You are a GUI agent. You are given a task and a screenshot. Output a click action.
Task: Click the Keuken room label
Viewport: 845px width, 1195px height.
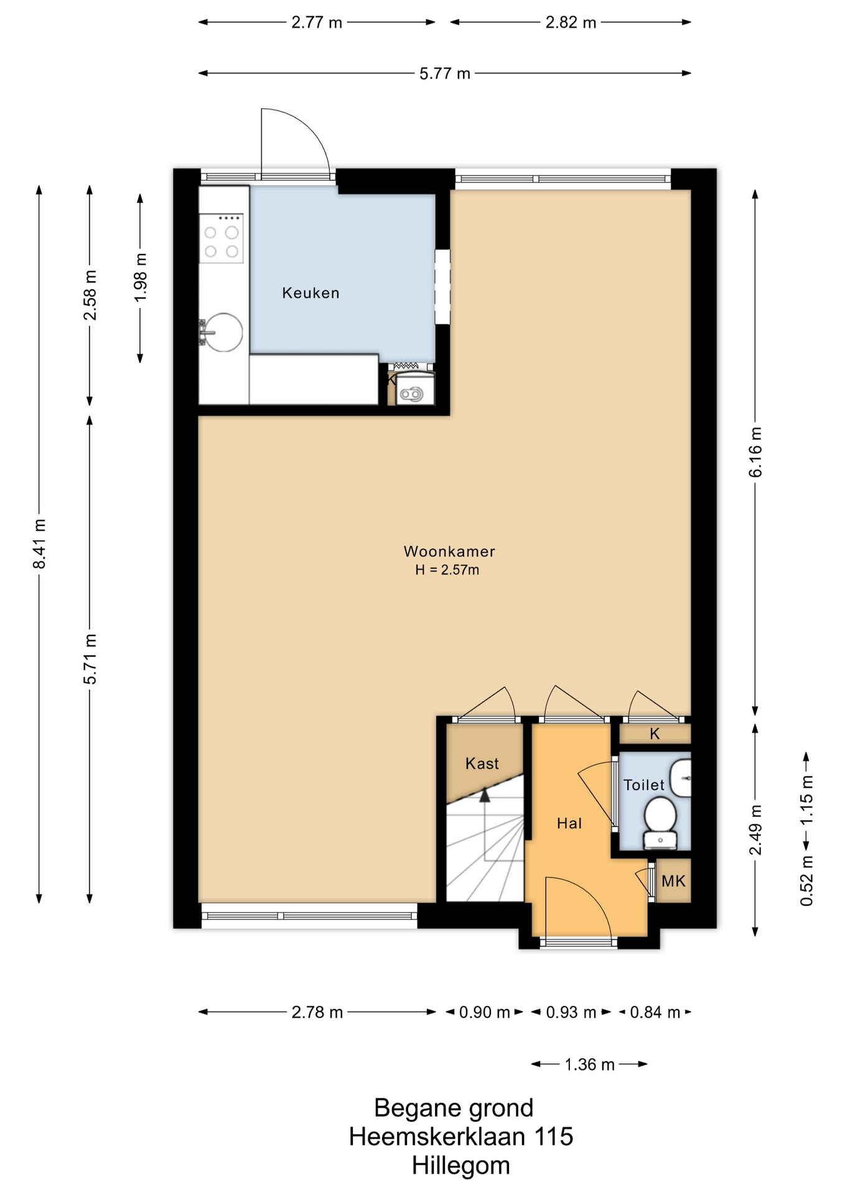click(x=310, y=293)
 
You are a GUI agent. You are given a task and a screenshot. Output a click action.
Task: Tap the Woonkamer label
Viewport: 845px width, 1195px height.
click(x=449, y=551)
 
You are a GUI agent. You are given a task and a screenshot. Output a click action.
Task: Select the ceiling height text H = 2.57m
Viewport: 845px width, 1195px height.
click(x=447, y=569)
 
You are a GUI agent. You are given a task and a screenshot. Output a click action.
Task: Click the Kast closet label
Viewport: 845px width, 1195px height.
click(x=482, y=763)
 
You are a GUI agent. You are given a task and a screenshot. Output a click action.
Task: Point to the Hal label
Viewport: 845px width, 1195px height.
click(x=569, y=823)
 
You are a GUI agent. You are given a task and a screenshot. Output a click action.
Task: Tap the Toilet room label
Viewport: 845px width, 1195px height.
click(x=644, y=785)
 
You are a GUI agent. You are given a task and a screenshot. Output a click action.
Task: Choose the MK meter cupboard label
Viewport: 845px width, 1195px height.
click(x=673, y=881)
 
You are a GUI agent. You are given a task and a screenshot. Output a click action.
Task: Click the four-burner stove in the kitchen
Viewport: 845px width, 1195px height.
click(x=222, y=238)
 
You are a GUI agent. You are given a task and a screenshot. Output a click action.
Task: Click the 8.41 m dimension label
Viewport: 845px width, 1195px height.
click(x=39, y=543)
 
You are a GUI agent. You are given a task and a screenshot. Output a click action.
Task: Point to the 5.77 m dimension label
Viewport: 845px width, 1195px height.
click(x=444, y=73)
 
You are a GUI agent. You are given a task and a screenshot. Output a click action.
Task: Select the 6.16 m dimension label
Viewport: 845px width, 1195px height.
click(x=755, y=452)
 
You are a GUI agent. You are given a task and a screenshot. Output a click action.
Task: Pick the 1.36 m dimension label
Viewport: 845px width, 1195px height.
click(x=589, y=1064)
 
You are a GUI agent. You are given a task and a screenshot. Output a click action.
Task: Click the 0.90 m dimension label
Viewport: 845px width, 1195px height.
click(x=484, y=1012)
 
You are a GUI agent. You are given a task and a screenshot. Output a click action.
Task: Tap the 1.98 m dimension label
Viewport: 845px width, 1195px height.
click(x=141, y=278)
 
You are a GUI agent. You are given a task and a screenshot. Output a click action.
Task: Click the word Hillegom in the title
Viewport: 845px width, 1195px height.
click(x=460, y=1165)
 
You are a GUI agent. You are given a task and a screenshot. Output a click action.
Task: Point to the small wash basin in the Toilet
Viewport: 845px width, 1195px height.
click(x=683, y=778)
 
